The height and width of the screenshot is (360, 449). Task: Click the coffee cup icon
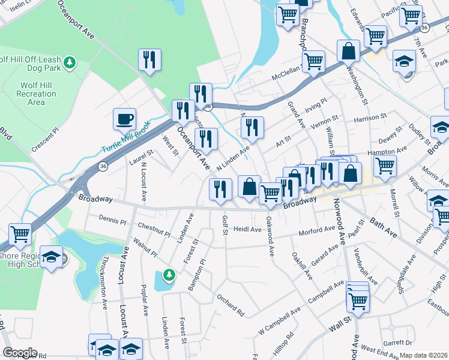pyautogui.click(x=124, y=119)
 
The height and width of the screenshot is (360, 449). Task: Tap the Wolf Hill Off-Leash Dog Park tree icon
pyautogui.click(x=70, y=62)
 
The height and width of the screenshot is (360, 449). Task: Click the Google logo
pyautogui.click(x=20, y=353)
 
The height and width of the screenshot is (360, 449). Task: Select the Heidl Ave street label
pyautogui.click(x=247, y=229)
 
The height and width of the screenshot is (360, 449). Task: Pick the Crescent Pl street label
pyautogui.click(x=46, y=139)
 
